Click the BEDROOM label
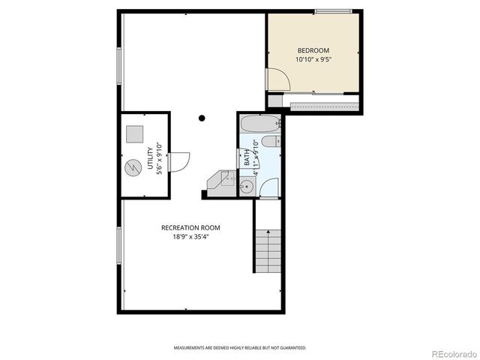[x=313, y=50]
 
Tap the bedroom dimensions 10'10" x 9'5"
[x=313, y=58]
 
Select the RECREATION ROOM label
[x=190, y=227]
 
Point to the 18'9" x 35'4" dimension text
[x=190, y=236]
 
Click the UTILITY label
[x=150, y=160]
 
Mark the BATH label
[x=247, y=158]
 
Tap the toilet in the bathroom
[x=274, y=141]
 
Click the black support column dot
[x=202, y=118]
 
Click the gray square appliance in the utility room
[x=134, y=133]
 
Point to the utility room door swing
[x=179, y=160]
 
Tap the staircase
[x=265, y=252]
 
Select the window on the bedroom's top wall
[x=333, y=10]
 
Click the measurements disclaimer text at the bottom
[x=240, y=348]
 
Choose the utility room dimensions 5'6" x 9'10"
[x=160, y=160]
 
